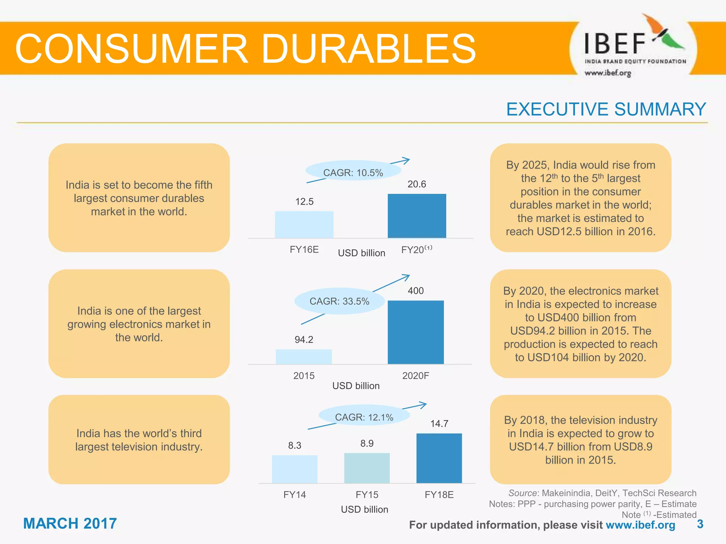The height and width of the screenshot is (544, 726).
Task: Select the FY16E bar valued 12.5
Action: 304,225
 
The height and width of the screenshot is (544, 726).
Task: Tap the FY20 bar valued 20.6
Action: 417,216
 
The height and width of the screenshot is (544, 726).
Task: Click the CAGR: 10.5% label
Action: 353,173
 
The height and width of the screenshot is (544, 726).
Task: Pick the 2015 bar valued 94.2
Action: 304,357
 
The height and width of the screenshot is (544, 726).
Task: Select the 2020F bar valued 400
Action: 416,332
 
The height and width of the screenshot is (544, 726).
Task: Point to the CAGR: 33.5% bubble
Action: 339,301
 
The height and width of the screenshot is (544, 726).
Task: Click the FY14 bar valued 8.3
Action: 295,469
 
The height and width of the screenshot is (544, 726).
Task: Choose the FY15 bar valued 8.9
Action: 367,468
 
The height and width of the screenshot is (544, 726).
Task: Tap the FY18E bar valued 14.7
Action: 439,458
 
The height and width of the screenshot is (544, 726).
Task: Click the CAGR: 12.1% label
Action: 364,417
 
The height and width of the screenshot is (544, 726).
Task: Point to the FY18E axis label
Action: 439,495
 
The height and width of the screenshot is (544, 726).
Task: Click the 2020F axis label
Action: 415,376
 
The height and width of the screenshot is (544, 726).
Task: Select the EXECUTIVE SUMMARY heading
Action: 606,109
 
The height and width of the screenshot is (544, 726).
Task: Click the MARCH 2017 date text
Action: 70,523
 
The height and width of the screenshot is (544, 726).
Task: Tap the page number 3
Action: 700,524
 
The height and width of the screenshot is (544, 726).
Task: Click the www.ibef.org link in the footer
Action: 640,525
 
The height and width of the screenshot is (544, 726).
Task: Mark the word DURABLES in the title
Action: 369,49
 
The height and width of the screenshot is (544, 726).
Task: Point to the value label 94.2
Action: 304,340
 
